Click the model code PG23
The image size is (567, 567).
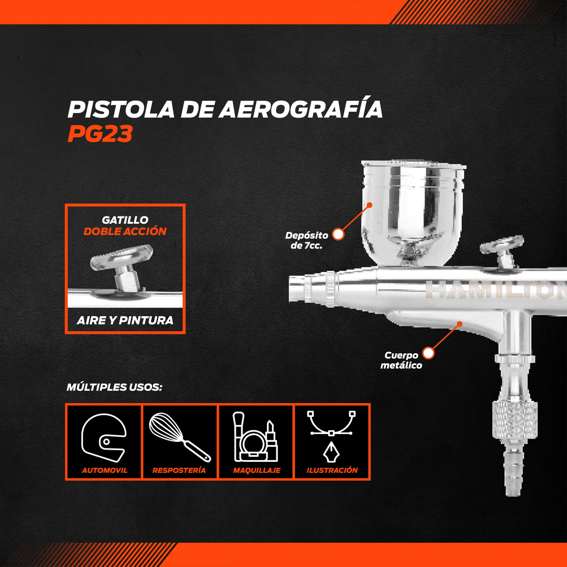[100, 133]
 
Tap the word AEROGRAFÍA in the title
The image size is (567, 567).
[300, 109]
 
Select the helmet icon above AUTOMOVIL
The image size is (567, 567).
[104, 437]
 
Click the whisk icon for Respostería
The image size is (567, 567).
[180, 437]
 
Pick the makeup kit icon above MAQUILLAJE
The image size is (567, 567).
[255, 437]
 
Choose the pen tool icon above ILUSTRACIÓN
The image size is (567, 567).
[331, 437]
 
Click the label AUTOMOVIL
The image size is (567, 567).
[104, 470]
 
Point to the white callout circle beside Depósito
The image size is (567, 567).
[338, 234]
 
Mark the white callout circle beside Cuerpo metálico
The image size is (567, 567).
[428, 353]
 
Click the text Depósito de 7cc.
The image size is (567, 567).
[307, 240]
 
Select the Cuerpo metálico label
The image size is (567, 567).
[401, 360]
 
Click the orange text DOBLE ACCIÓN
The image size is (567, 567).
[125, 231]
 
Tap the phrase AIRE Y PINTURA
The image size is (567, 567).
[125, 320]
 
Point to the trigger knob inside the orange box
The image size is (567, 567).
[121, 266]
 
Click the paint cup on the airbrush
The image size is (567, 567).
[413, 212]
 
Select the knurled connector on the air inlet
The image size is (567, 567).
[514, 420]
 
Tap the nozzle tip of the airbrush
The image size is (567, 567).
[297, 288]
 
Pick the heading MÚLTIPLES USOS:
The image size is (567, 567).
[114, 387]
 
